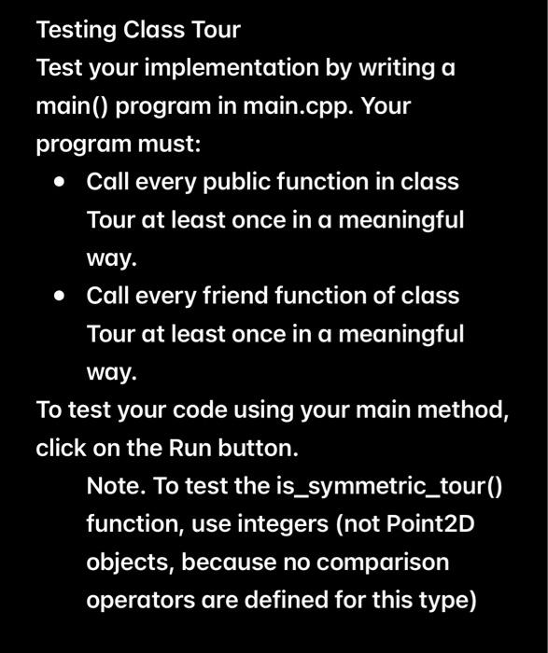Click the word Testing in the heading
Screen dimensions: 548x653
pyautogui.click(x=77, y=31)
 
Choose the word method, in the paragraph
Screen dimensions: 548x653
pyautogui.click(x=471, y=410)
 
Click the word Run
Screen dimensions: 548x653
pyautogui.click(x=188, y=448)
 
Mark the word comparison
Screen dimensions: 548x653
pyautogui.click(x=385, y=563)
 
